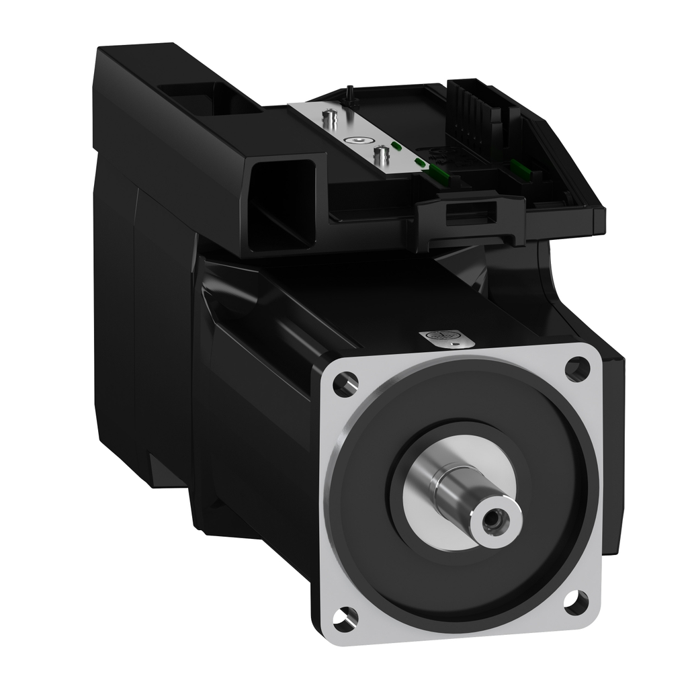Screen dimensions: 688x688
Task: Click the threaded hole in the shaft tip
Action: coord(494,519)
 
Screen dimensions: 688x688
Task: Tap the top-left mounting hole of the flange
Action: coord(345,384)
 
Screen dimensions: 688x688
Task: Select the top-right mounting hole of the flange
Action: coord(576,368)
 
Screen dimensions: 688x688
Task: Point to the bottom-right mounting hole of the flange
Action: coord(576,602)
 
